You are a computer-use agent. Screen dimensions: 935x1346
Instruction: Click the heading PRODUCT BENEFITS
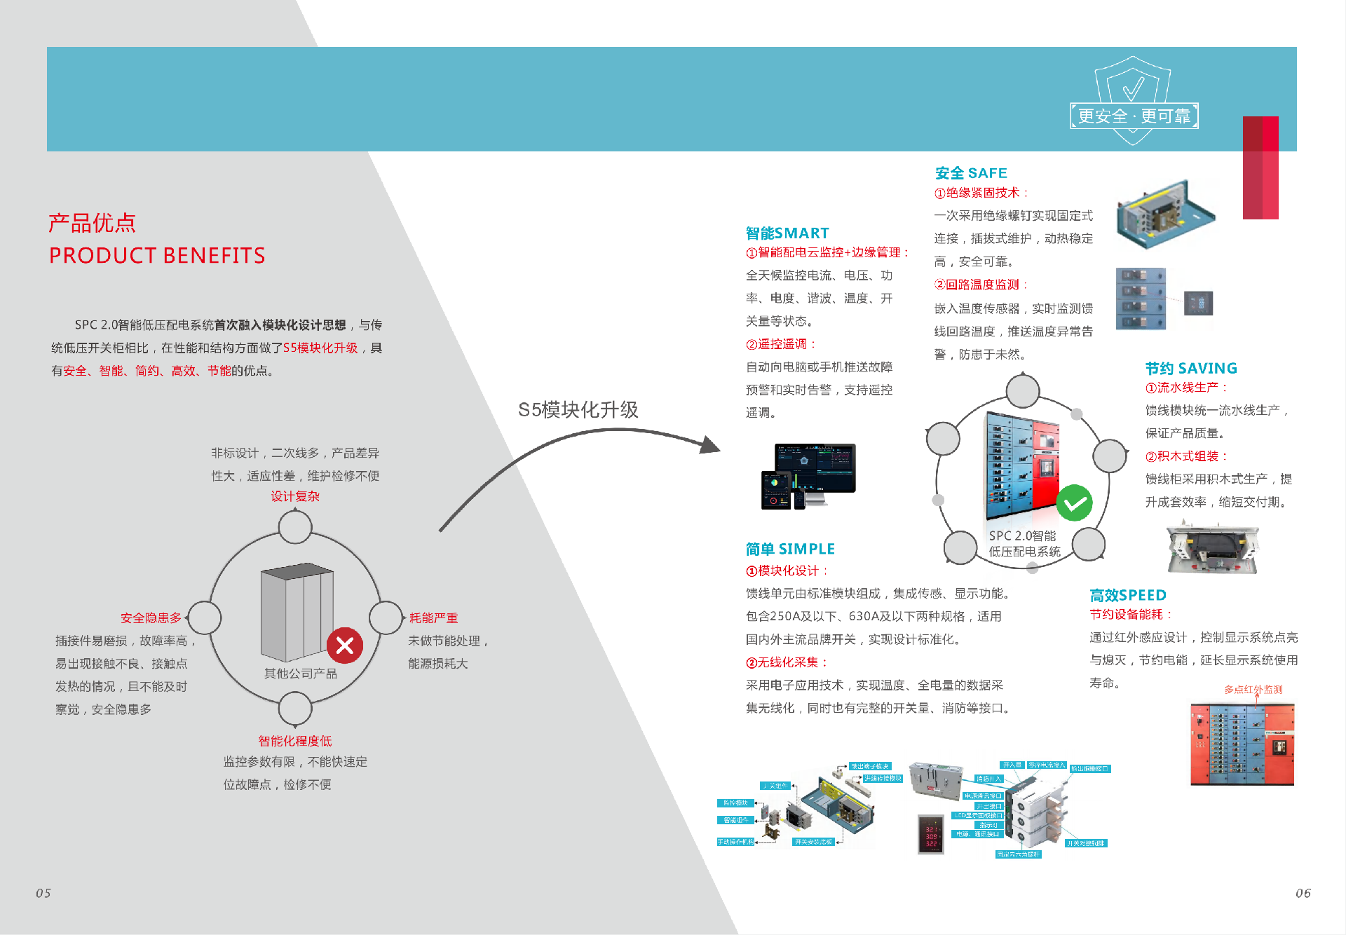tap(157, 256)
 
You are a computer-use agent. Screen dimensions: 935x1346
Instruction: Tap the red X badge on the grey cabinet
tap(345, 646)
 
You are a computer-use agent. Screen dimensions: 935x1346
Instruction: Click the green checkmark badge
tap(1074, 503)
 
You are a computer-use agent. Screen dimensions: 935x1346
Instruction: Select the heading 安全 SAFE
tap(971, 173)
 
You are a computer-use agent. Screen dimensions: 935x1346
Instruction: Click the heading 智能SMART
tap(787, 233)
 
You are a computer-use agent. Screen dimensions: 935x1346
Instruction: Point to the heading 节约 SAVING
tap(1191, 369)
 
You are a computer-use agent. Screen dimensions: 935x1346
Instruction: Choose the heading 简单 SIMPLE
tap(790, 550)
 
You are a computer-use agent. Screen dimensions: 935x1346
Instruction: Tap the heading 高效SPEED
tap(1128, 596)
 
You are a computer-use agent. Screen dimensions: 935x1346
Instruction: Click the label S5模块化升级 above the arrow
tap(578, 410)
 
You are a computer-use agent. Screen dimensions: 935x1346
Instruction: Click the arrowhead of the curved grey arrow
tap(710, 445)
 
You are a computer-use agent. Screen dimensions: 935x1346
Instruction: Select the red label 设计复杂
tap(295, 496)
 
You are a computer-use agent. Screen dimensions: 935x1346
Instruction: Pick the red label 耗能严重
tap(433, 618)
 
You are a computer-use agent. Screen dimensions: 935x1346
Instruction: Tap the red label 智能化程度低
tap(295, 742)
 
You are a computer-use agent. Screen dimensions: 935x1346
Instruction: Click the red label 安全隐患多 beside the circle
tap(151, 618)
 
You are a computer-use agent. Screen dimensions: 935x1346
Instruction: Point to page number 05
tap(43, 893)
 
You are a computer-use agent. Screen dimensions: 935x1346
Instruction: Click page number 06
tap(1303, 893)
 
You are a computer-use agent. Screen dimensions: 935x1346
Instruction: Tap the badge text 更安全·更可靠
tap(1134, 116)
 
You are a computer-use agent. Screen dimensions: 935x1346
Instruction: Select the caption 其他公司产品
tap(300, 674)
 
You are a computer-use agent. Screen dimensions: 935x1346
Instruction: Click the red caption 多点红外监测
tap(1253, 690)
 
